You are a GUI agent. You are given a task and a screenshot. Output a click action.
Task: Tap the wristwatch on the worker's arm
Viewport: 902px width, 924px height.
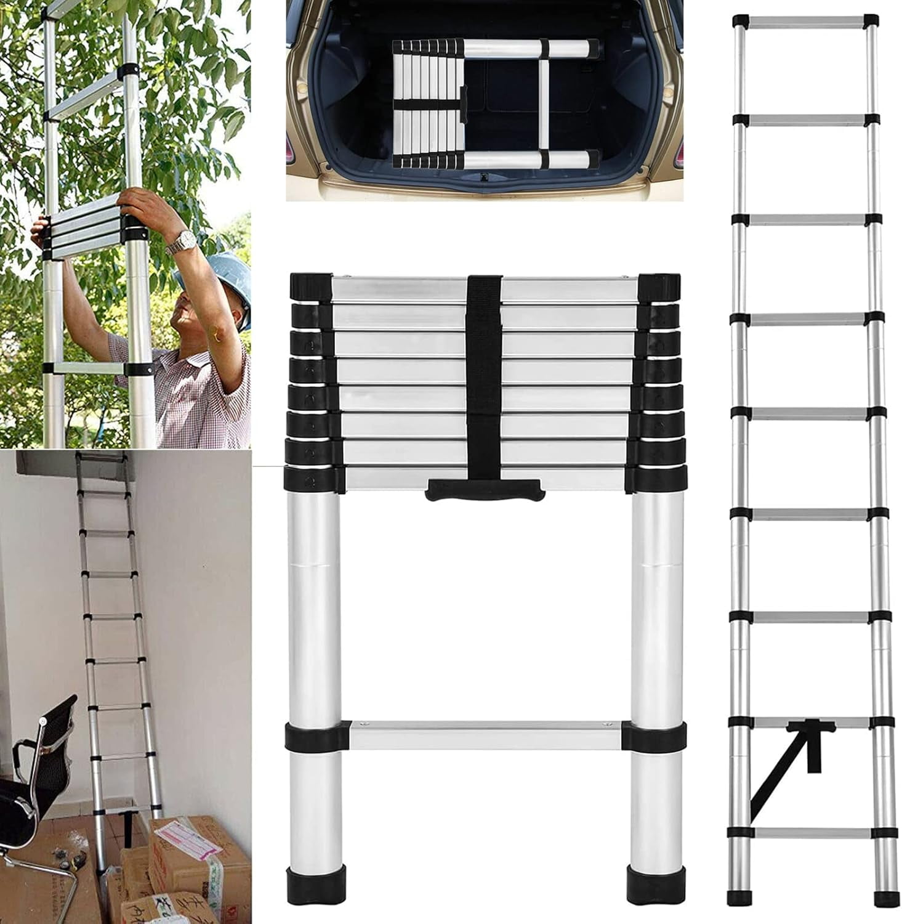tap(180, 241)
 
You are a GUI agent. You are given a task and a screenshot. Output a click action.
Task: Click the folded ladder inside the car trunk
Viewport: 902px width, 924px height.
tap(496, 103)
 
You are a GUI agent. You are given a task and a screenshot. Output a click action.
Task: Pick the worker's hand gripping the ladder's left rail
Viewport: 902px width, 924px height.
tap(41, 230)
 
